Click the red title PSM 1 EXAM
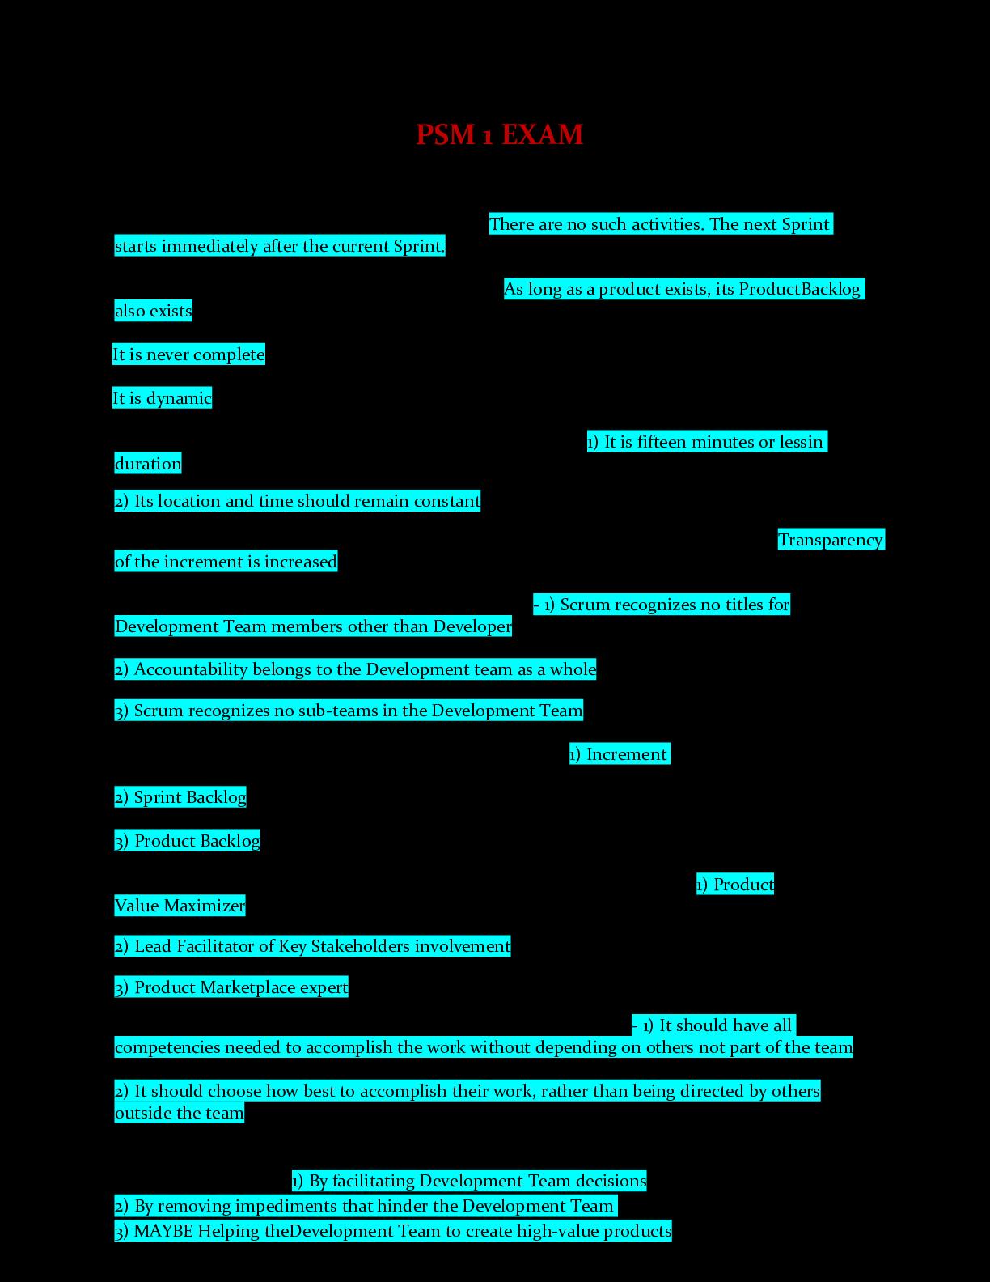[x=499, y=134]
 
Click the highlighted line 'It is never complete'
[x=188, y=354]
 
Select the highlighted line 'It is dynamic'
[x=162, y=398]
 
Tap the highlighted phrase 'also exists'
[x=154, y=311]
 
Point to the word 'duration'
[x=148, y=464]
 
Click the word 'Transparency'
[x=831, y=540]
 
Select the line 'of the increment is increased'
[x=226, y=562]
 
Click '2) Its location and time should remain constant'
[x=298, y=501]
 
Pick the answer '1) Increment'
[x=620, y=754]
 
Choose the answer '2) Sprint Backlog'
[x=180, y=797]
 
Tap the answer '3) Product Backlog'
[x=188, y=841]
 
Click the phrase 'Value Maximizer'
[x=180, y=906]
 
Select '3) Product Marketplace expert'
[x=231, y=987]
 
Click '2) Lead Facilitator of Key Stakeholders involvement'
[x=312, y=946]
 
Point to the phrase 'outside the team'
[x=179, y=1113]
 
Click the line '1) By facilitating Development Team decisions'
[x=469, y=1181]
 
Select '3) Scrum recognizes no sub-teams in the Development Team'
[x=349, y=711]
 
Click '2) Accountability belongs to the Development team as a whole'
[x=355, y=669]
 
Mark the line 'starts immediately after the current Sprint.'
[x=280, y=246]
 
